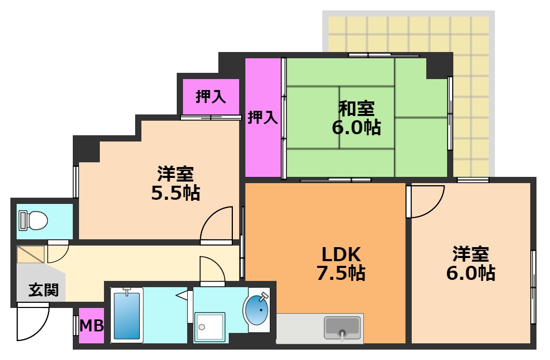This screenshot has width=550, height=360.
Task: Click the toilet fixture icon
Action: (33, 221)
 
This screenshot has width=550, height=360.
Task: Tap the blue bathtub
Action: (127, 315)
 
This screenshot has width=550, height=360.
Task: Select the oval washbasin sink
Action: (256, 311)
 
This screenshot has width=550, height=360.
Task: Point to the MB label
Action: (91, 326)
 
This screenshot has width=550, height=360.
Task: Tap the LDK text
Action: (341, 254)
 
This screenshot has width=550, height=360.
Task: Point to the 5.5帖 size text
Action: (176, 193)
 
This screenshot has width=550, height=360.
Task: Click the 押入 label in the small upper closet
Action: (211, 97)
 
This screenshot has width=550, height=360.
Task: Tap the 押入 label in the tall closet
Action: (263, 118)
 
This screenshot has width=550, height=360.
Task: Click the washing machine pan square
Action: (209, 327)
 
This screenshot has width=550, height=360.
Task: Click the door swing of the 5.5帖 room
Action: (217, 225)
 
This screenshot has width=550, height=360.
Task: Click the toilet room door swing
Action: (58, 252)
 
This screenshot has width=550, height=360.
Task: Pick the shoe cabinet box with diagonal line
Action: (32, 254)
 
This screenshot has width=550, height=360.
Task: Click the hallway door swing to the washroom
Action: (212, 270)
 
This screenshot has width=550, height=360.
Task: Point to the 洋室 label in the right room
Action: (470, 254)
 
